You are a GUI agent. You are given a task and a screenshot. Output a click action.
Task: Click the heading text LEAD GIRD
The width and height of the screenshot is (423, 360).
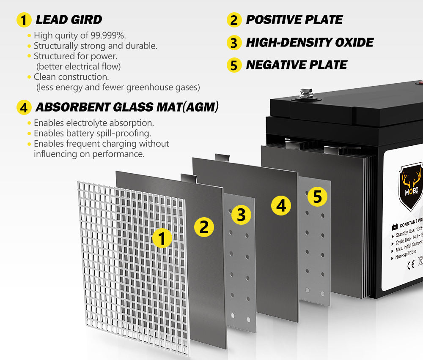pos(69,19)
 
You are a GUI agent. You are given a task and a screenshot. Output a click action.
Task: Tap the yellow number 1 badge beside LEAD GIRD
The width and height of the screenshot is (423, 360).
pos(24,20)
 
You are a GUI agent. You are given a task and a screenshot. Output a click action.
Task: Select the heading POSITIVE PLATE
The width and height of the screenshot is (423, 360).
pos(294,19)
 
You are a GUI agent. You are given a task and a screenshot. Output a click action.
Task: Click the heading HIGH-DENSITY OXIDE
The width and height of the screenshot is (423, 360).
pos(310,42)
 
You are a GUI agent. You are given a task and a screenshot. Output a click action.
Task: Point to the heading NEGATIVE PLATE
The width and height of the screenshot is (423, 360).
pos(296,65)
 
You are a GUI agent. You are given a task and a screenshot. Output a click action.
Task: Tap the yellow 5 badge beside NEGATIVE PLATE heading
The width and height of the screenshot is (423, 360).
pos(234,65)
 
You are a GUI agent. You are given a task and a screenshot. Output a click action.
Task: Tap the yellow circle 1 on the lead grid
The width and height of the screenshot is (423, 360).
pos(162,238)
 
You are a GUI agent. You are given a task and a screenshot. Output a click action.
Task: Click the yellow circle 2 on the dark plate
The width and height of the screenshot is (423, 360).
pos(204,227)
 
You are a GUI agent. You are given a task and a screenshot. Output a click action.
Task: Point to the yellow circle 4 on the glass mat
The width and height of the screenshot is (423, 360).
pos(281,206)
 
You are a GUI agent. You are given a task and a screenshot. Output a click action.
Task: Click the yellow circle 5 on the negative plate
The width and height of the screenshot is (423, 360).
pos(317,196)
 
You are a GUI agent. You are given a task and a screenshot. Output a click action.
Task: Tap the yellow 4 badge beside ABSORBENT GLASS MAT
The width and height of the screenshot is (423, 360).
pos(24,107)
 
